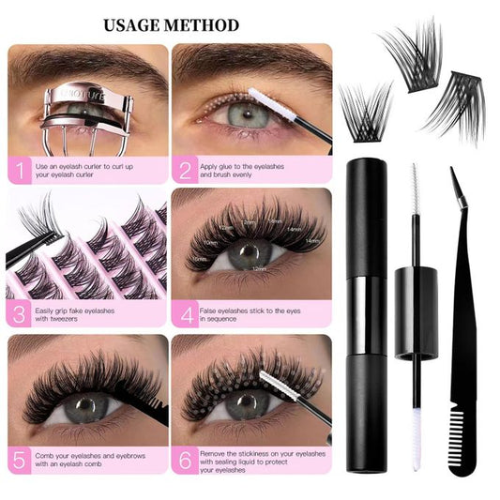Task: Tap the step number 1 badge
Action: pos(19,170)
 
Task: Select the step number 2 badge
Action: pos(185,170)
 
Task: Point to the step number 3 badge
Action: pos(19,313)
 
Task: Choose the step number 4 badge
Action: pos(185,313)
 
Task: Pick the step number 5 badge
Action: pos(19,459)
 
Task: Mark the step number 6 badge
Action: pos(185,459)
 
